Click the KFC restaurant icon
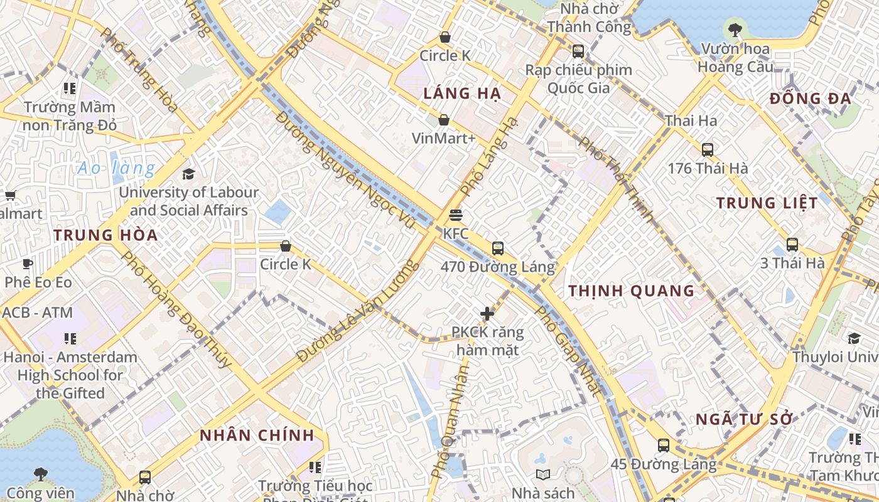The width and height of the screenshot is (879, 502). [456, 215]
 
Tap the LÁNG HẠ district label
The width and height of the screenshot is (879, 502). [461, 94]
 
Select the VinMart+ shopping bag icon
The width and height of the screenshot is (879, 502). [444, 120]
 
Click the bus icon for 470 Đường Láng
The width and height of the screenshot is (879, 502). [498, 248]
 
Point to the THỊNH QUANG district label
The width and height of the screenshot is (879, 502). [631, 291]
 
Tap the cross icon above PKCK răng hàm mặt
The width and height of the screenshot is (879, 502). [487, 314]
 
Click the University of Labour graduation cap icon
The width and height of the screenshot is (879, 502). [188, 174]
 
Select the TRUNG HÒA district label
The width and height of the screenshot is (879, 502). [105, 235]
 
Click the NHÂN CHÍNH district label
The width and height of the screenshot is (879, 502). [257, 435]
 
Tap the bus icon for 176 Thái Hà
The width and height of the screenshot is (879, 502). [708, 150]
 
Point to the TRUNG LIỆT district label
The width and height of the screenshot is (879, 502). [767, 203]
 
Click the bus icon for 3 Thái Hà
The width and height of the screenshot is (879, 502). [792, 245]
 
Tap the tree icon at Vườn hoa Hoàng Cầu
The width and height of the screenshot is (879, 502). [735, 29]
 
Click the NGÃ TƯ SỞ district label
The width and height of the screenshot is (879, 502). [745, 420]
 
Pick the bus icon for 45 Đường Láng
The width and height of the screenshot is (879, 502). [664, 446]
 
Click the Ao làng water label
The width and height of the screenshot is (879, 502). [116, 168]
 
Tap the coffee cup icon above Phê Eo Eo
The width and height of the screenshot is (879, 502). [27, 264]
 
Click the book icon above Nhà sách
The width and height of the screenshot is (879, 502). [542, 474]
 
